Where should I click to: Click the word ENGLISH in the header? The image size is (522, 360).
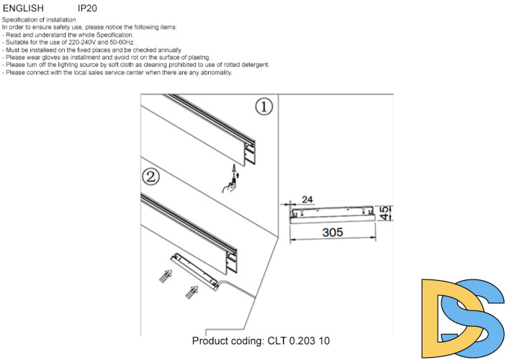coord(23,8)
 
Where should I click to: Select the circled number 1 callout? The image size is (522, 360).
coord(264,107)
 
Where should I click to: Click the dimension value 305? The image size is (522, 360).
coord(332,233)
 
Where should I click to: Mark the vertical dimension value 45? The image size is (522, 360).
coord(386,212)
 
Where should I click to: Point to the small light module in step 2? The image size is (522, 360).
coord(195,270)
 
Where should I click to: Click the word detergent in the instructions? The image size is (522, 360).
coord(252,65)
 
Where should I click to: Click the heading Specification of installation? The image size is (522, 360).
coord(40,19)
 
